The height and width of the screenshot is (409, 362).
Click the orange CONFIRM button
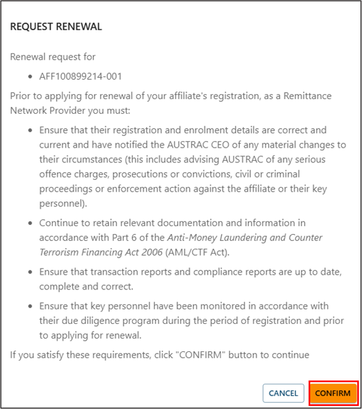point(333,393)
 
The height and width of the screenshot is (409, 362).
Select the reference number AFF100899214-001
point(80,76)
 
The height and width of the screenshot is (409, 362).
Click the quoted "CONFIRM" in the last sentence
point(191,355)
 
